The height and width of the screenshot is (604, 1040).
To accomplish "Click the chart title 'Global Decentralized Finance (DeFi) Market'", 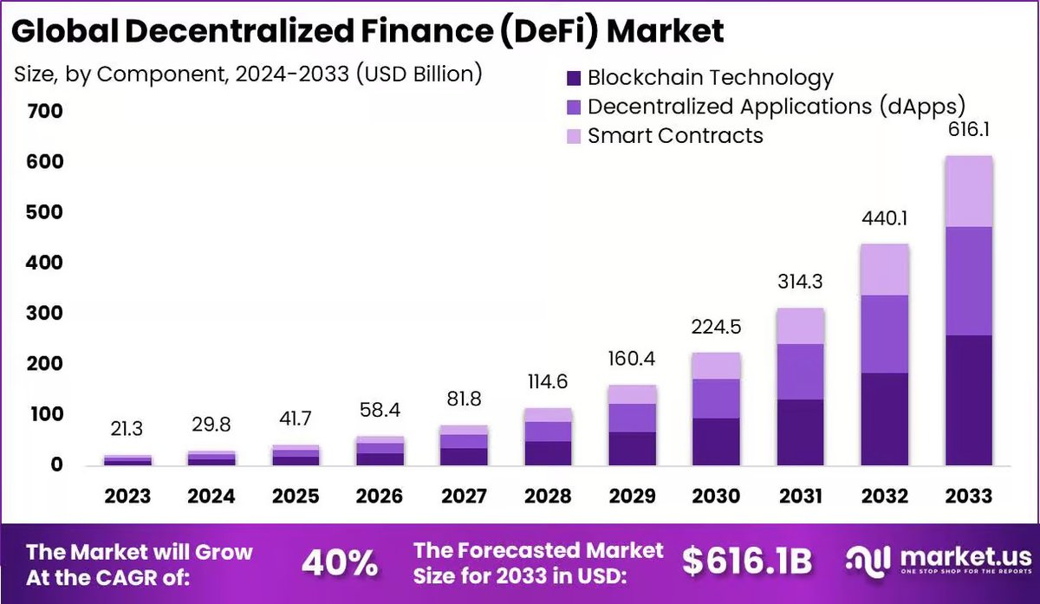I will (367, 31).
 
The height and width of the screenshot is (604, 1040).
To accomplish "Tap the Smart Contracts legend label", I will (675, 136).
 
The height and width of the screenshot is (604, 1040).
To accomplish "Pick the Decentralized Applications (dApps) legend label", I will (776, 107).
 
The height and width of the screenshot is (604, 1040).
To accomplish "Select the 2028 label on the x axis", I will (548, 497).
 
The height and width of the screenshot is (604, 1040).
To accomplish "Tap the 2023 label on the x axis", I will (127, 497).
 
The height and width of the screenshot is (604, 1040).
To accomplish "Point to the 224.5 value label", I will (716, 327).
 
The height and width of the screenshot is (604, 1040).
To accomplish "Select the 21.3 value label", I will (127, 429).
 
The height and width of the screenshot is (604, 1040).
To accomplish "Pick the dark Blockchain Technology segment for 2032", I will (885, 419).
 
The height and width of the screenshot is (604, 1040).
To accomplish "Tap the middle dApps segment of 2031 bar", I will (800, 371).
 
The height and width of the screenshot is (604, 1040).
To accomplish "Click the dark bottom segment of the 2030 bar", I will (716, 442).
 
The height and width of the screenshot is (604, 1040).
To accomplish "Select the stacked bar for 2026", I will (379, 451).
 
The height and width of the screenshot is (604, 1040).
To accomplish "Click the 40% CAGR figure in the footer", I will (340, 563).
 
